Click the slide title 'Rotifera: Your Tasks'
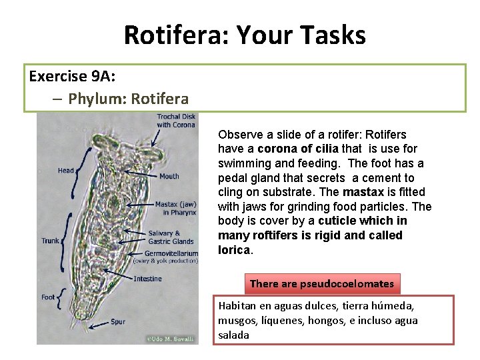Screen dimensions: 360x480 point(245,35)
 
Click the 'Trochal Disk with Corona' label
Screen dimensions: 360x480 point(176,121)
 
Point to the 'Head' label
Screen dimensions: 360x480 point(66,171)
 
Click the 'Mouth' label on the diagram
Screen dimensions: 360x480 point(169,177)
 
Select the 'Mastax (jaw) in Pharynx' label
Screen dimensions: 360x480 point(175,208)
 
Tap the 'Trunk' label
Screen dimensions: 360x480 point(50,241)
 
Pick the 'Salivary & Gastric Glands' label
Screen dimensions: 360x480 point(171,237)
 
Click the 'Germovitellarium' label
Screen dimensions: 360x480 point(171,253)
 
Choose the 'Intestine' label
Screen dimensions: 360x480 point(147,279)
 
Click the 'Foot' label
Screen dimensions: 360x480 point(48,297)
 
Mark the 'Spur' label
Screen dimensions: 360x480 point(118,322)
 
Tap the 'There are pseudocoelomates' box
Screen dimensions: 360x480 point(322,283)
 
